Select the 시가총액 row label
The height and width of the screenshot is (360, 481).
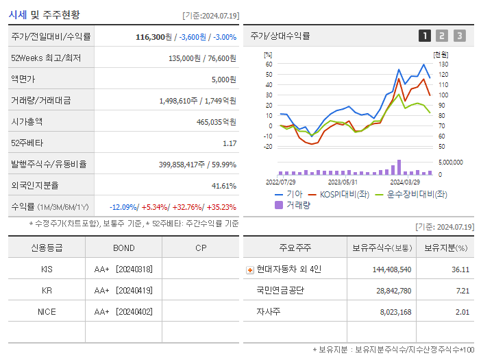(27, 122)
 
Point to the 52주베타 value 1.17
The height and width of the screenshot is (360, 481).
(230, 143)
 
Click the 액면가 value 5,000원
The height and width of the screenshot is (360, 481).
(224, 80)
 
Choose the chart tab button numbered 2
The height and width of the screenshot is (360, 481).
(442, 36)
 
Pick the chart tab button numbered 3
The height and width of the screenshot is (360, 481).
(459, 36)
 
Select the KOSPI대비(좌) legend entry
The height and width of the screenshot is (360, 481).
(338, 194)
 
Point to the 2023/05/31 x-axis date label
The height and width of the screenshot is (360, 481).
(343, 182)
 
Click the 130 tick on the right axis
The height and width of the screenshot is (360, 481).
(443, 64)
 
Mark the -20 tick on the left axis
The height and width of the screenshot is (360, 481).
(268, 146)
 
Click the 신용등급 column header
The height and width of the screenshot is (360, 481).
(47, 248)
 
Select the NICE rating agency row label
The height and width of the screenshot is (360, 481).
(47, 311)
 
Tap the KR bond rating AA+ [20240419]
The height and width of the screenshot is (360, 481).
(123, 290)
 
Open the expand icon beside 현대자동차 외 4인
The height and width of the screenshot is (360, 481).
(249, 269)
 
